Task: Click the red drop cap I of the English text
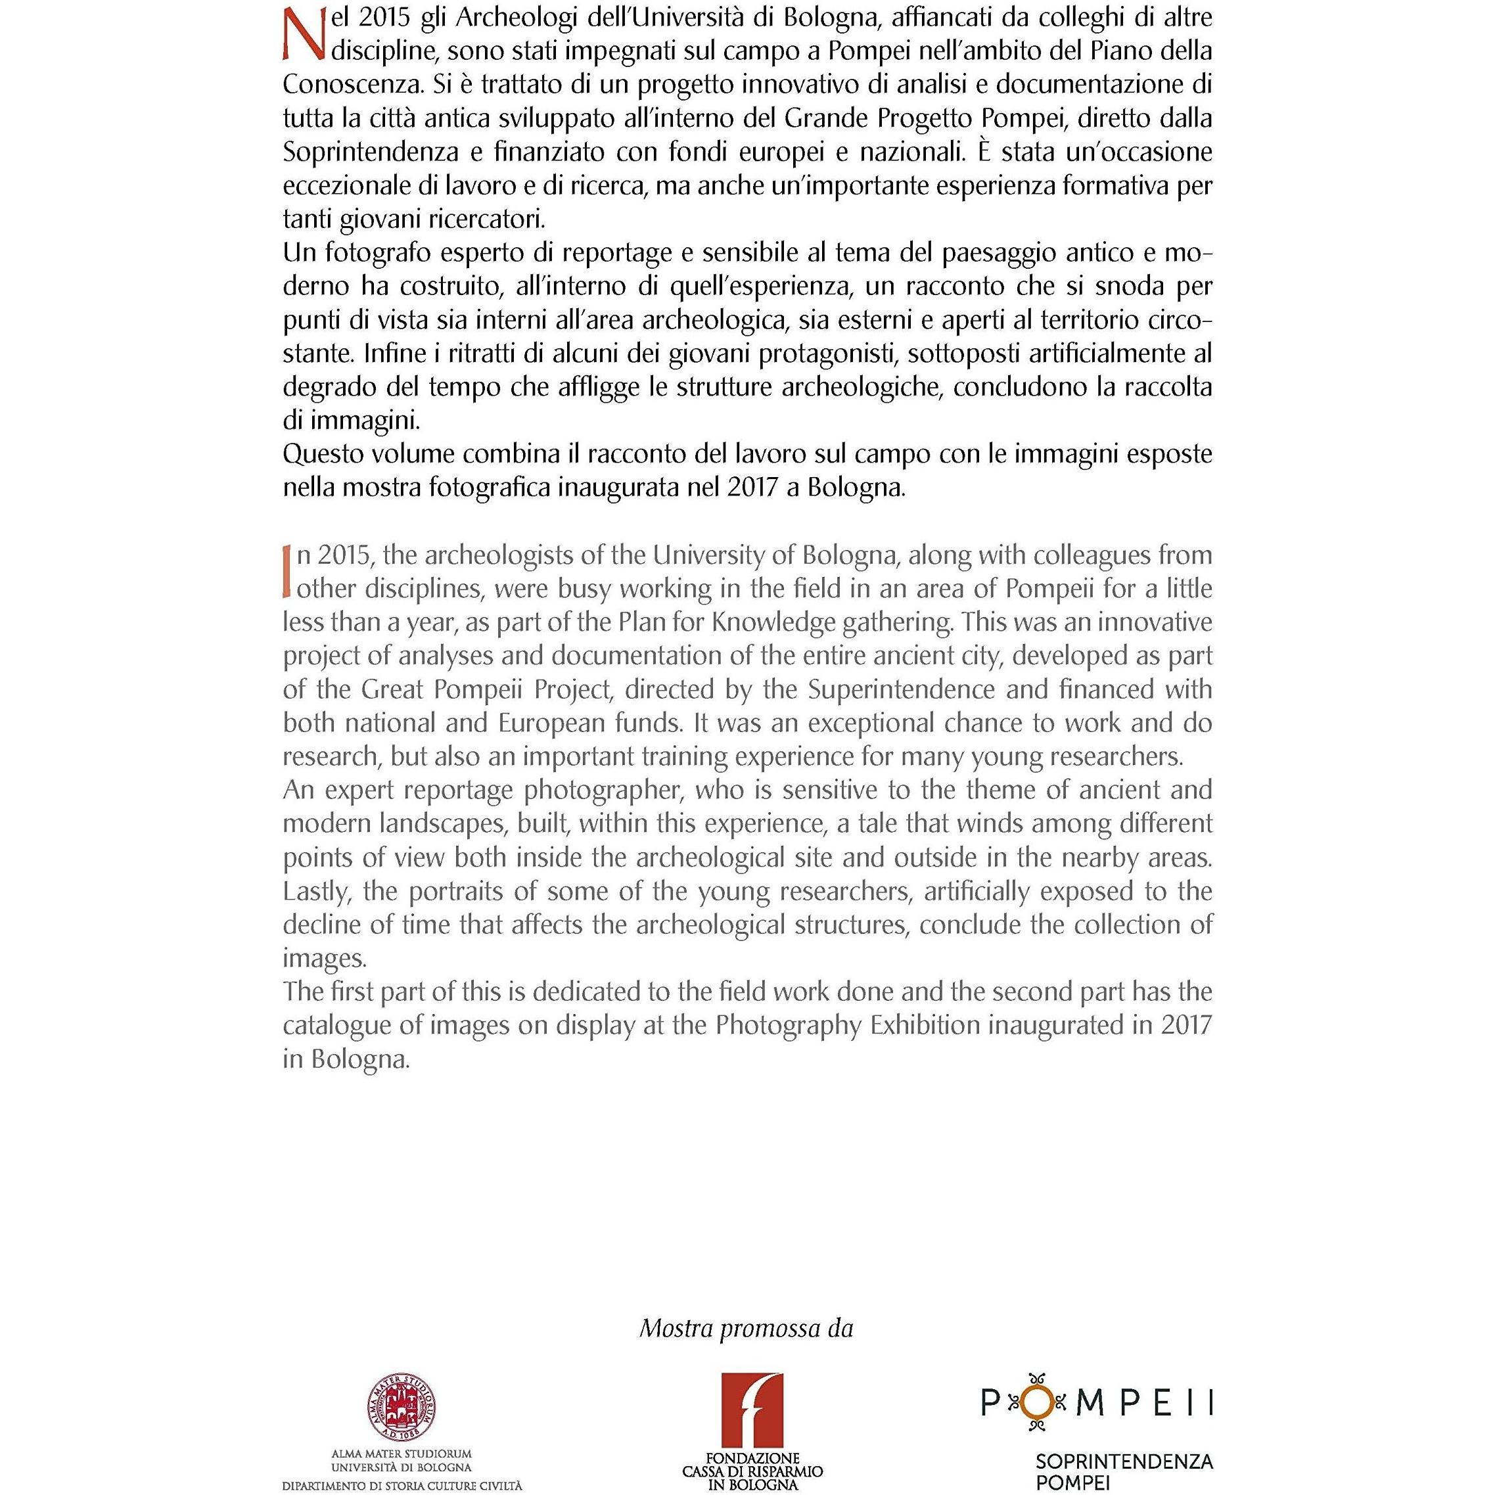pyautogui.click(x=287, y=571)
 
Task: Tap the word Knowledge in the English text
pyautogui.click(x=740, y=622)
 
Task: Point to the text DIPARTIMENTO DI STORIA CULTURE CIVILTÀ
pyautogui.click(x=402, y=1486)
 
